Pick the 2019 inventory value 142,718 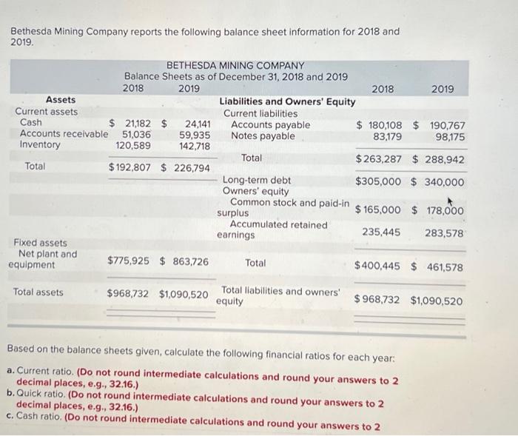click(x=195, y=146)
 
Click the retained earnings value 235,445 click(x=381, y=232)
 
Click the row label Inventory click(x=40, y=145)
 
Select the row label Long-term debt click(x=257, y=180)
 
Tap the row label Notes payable click(x=263, y=136)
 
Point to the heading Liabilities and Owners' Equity click(x=287, y=101)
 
